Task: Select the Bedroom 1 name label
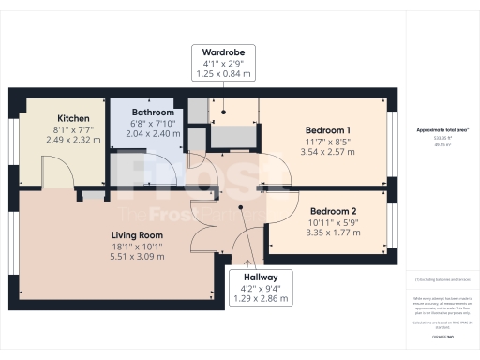(329, 129)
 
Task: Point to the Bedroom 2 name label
(335, 211)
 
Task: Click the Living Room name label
(137, 234)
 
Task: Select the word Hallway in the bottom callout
(262, 277)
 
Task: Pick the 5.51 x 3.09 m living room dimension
(137, 256)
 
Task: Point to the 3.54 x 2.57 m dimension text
(329, 151)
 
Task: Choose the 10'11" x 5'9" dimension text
(335, 222)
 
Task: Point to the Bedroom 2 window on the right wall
(388, 221)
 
